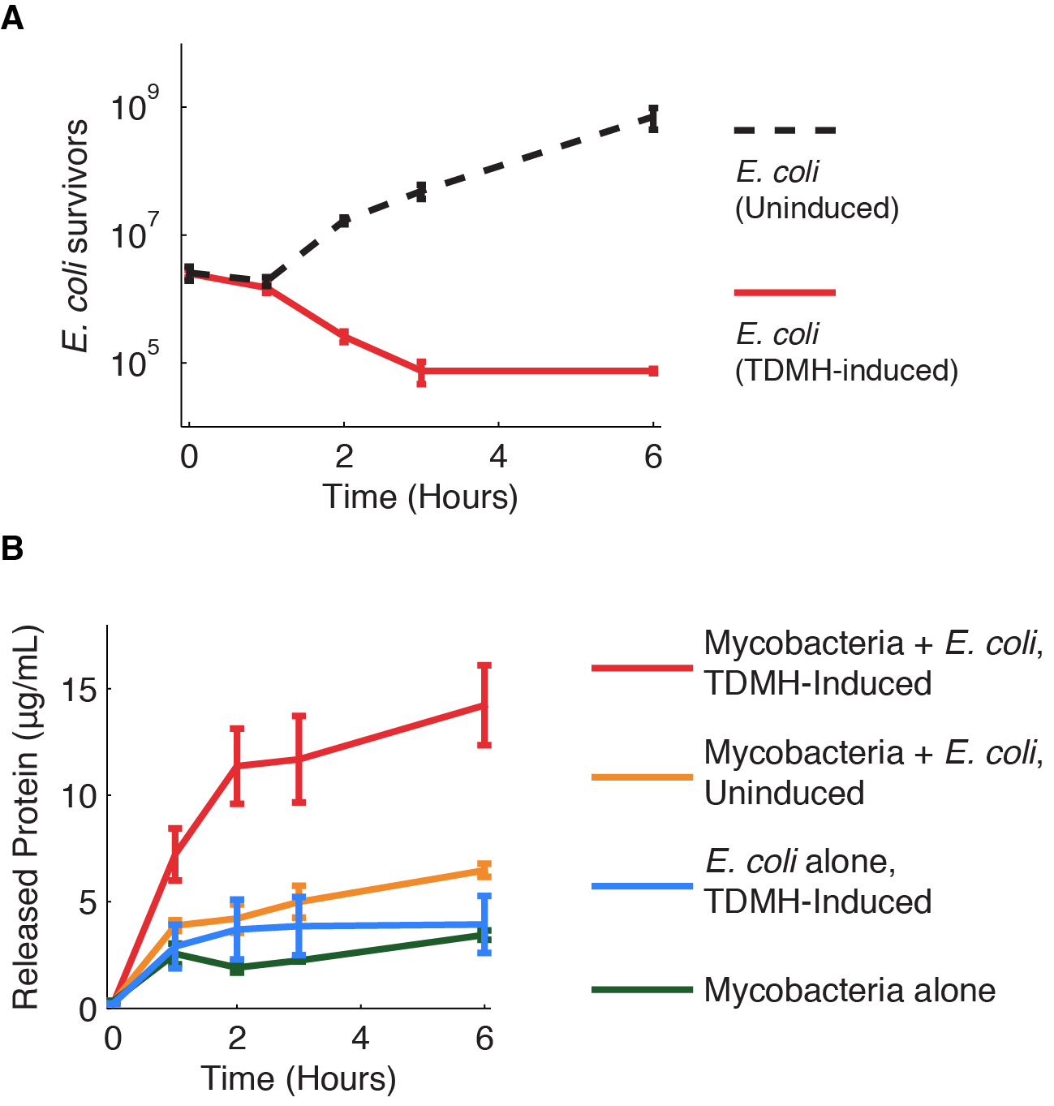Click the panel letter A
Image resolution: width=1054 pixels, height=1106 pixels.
point(12,17)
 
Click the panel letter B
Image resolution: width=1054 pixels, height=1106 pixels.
point(12,549)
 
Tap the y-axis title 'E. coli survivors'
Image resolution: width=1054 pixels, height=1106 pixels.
point(75,235)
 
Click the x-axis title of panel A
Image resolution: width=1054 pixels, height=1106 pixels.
point(420,497)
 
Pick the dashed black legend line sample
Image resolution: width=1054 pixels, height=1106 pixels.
point(784,130)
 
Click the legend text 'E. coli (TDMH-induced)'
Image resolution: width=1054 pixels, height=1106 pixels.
point(846,352)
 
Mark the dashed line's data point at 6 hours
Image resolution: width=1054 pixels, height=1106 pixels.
point(653,118)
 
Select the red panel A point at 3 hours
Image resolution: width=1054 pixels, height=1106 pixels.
point(421,372)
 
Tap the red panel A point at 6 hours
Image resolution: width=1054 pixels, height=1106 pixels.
point(653,371)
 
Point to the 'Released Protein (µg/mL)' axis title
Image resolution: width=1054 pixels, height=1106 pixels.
point(26,818)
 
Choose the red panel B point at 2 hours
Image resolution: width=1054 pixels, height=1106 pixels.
point(237,765)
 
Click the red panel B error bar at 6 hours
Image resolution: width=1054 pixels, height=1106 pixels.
point(484,705)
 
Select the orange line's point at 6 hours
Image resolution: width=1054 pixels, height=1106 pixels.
point(484,871)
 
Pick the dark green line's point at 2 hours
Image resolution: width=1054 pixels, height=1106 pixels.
point(237,967)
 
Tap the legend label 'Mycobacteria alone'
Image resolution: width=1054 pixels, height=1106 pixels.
point(850,990)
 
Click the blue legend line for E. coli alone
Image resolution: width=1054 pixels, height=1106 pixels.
point(643,887)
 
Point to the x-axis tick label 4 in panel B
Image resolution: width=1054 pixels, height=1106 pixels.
point(360,1038)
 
